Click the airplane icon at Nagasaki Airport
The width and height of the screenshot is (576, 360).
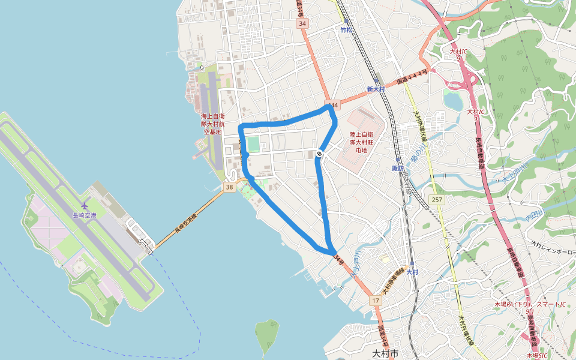[x=84, y=207]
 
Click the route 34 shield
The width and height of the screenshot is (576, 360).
[x=302, y=23]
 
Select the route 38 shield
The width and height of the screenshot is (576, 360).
[x=229, y=188]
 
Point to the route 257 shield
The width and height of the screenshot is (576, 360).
[x=436, y=199]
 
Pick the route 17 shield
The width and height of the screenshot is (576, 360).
[x=376, y=300]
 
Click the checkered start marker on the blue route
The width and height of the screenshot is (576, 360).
[x=319, y=154]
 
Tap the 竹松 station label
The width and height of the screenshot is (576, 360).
[x=346, y=29]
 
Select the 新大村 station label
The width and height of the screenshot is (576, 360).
[x=376, y=89]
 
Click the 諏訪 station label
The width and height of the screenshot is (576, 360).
[x=397, y=168]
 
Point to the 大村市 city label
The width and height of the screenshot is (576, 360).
[x=385, y=353]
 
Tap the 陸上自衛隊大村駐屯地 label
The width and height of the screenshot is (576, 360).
[x=362, y=142]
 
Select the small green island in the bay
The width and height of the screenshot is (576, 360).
[x=266, y=336]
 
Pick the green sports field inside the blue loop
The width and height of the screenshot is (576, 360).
[x=254, y=145]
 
